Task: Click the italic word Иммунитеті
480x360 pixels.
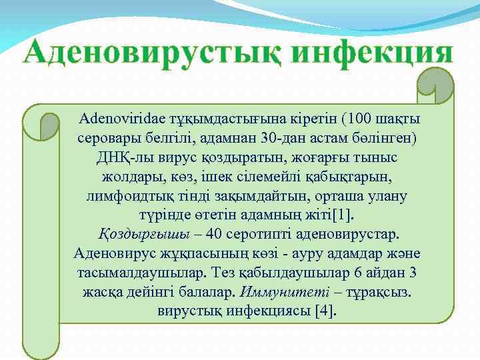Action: pos(273,293)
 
